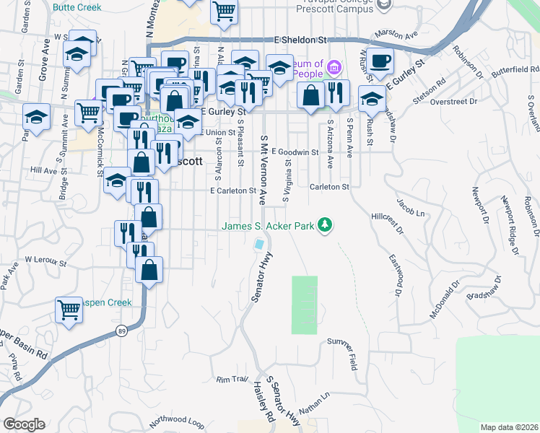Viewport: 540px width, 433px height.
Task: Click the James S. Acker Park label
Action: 268,226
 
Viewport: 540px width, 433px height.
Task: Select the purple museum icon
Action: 334,69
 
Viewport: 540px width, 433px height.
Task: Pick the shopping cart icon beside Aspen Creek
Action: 69,310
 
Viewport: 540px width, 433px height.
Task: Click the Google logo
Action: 24,424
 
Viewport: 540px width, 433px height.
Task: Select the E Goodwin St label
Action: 295,152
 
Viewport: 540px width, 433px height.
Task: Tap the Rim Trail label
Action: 232,379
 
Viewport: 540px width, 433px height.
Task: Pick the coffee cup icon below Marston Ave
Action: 379,61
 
